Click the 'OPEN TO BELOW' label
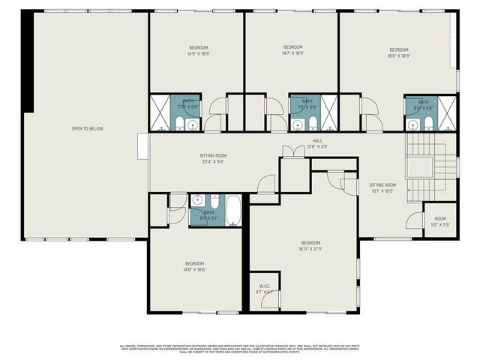coord(87,129)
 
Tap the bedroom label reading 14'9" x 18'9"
coord(198,51)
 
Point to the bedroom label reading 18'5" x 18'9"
coord(398,52)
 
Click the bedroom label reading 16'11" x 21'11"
coord(310,246)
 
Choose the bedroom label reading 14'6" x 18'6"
coord(195,266)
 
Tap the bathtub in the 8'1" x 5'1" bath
coord(232,210)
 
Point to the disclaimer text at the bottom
coord(240,349)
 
